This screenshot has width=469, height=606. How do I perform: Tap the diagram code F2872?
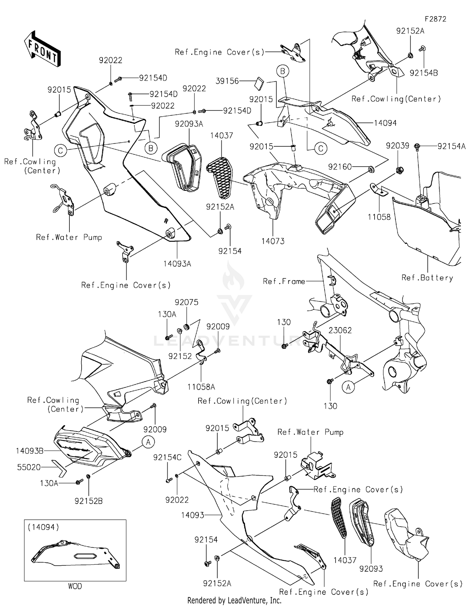435,19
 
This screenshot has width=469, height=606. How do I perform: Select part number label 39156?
227,81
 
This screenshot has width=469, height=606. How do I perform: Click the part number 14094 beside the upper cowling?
385,123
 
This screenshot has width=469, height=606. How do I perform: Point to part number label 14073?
273,241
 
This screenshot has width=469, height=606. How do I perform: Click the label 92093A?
189,124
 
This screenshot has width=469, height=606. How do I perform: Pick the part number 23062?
340,330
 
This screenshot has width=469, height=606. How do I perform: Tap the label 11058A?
201,387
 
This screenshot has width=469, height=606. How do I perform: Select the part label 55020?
29,467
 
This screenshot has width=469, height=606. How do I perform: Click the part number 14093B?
30,451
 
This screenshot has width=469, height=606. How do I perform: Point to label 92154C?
167,457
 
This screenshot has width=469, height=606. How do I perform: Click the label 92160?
340,167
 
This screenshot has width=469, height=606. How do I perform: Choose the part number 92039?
397,146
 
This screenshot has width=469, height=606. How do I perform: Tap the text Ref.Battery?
427,278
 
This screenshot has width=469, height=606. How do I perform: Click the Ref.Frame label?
284,281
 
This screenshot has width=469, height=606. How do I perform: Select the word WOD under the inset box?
75,586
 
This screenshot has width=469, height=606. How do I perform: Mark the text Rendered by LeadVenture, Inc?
234,600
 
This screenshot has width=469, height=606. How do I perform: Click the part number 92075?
186,302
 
